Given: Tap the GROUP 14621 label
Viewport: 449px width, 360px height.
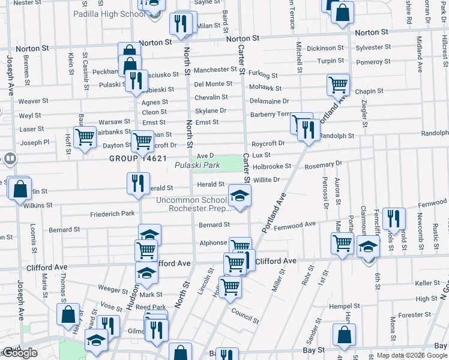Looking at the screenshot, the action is point(137,158).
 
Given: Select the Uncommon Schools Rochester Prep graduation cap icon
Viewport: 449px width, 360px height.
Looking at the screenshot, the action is point(240,196).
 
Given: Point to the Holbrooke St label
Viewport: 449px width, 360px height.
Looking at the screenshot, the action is point(271,166).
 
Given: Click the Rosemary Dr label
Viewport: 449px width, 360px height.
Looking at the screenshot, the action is point(323,164).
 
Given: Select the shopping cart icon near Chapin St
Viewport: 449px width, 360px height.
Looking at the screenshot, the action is point(339,85).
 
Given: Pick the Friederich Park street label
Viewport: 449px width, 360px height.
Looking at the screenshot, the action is point(112,214).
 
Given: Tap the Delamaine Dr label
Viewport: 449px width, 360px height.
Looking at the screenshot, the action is point(269,101).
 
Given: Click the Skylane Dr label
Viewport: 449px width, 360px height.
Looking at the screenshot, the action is point(211,111).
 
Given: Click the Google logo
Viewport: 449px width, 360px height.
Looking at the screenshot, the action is point(20,353).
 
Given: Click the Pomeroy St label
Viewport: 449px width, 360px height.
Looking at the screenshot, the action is point(373,62).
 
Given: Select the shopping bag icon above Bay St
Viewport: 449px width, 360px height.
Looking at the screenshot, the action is point(344,336).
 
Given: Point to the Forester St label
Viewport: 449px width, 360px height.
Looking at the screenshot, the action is point(411,314).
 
